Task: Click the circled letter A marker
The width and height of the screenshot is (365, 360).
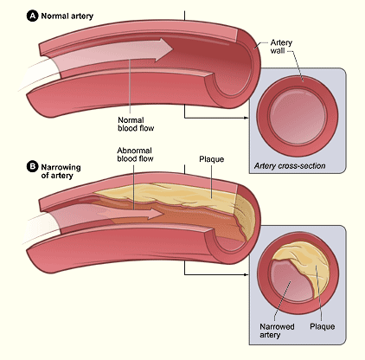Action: (x=32, y=16)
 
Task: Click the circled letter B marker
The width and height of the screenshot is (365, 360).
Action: (x=32, y=167)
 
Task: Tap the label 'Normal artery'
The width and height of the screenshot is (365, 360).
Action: (x=67, y=16)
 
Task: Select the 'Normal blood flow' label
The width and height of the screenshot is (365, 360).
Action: (x=136, y=124)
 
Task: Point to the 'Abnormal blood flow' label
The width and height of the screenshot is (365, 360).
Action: (x=135, y=155)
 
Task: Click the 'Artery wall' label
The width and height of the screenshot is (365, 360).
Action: (x=281, y=47)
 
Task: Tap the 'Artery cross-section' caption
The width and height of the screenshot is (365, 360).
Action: (x=290, y=166)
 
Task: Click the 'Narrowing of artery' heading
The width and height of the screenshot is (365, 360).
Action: (x=61, y=171)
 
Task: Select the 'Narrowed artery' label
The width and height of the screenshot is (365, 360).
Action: (x=277, y=331)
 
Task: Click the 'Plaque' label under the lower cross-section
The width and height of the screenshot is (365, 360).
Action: (x=323, y=326)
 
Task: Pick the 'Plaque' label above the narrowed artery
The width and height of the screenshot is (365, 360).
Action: (x=212, y=159)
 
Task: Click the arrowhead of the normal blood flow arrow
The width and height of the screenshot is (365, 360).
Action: (x=163, y=49)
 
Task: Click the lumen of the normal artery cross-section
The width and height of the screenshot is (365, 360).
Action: (x=298, y=116)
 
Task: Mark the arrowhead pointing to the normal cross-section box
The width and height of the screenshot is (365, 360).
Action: (x=246, y=118)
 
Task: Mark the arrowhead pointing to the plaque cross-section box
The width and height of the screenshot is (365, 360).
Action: (x=246, y=274)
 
